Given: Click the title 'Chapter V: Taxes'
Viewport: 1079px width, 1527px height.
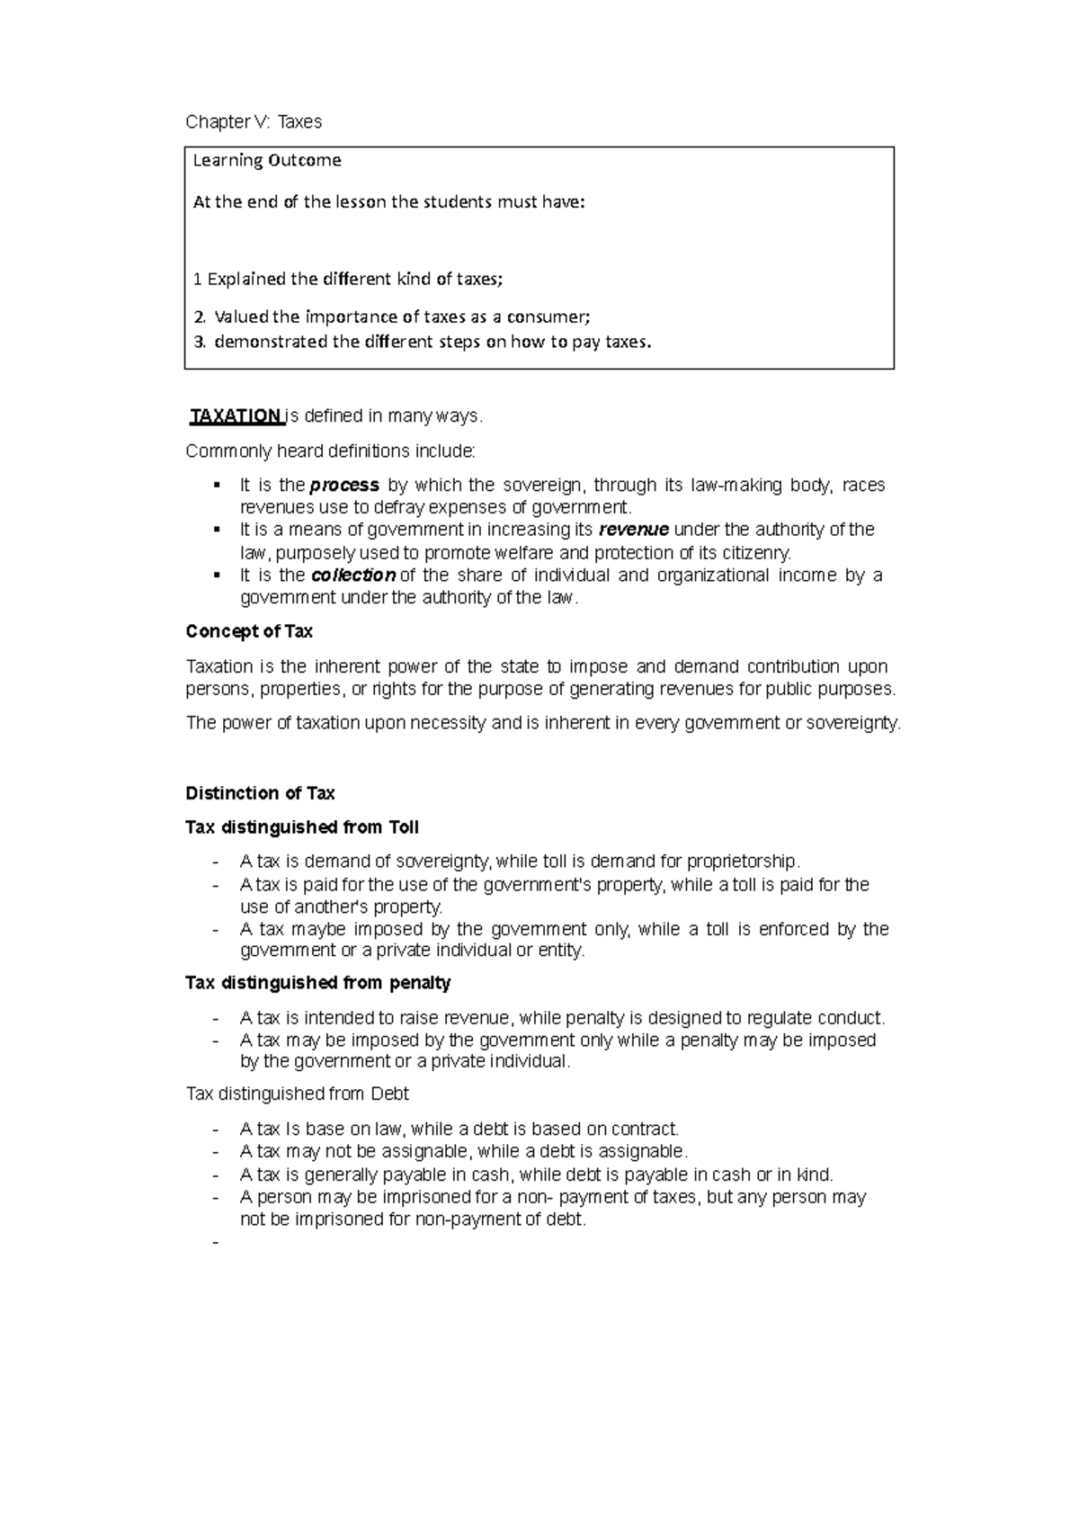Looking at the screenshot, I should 253,121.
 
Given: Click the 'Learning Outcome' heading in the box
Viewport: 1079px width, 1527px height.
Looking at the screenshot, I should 267,161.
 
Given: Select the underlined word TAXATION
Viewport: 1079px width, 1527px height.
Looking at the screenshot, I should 236,415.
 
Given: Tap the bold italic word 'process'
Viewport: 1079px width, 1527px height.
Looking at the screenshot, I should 343,486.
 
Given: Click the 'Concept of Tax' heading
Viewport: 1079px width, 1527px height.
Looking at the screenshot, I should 249,631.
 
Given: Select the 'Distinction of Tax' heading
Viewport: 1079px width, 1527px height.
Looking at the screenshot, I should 260,793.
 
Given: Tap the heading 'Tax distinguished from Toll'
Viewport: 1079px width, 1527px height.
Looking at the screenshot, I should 302,827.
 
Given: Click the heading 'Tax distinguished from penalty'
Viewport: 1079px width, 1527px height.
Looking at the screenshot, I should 317,983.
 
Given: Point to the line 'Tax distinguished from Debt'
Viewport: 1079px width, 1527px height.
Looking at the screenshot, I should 297,1094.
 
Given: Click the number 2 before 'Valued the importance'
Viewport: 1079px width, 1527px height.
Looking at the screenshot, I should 199,317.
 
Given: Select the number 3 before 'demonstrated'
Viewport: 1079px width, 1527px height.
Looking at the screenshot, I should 199,342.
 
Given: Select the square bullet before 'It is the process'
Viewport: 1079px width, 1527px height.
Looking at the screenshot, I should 217,486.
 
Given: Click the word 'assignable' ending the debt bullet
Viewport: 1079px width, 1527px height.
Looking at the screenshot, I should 640,1152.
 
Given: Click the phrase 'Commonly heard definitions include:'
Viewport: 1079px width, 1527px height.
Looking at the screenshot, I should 330,451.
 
